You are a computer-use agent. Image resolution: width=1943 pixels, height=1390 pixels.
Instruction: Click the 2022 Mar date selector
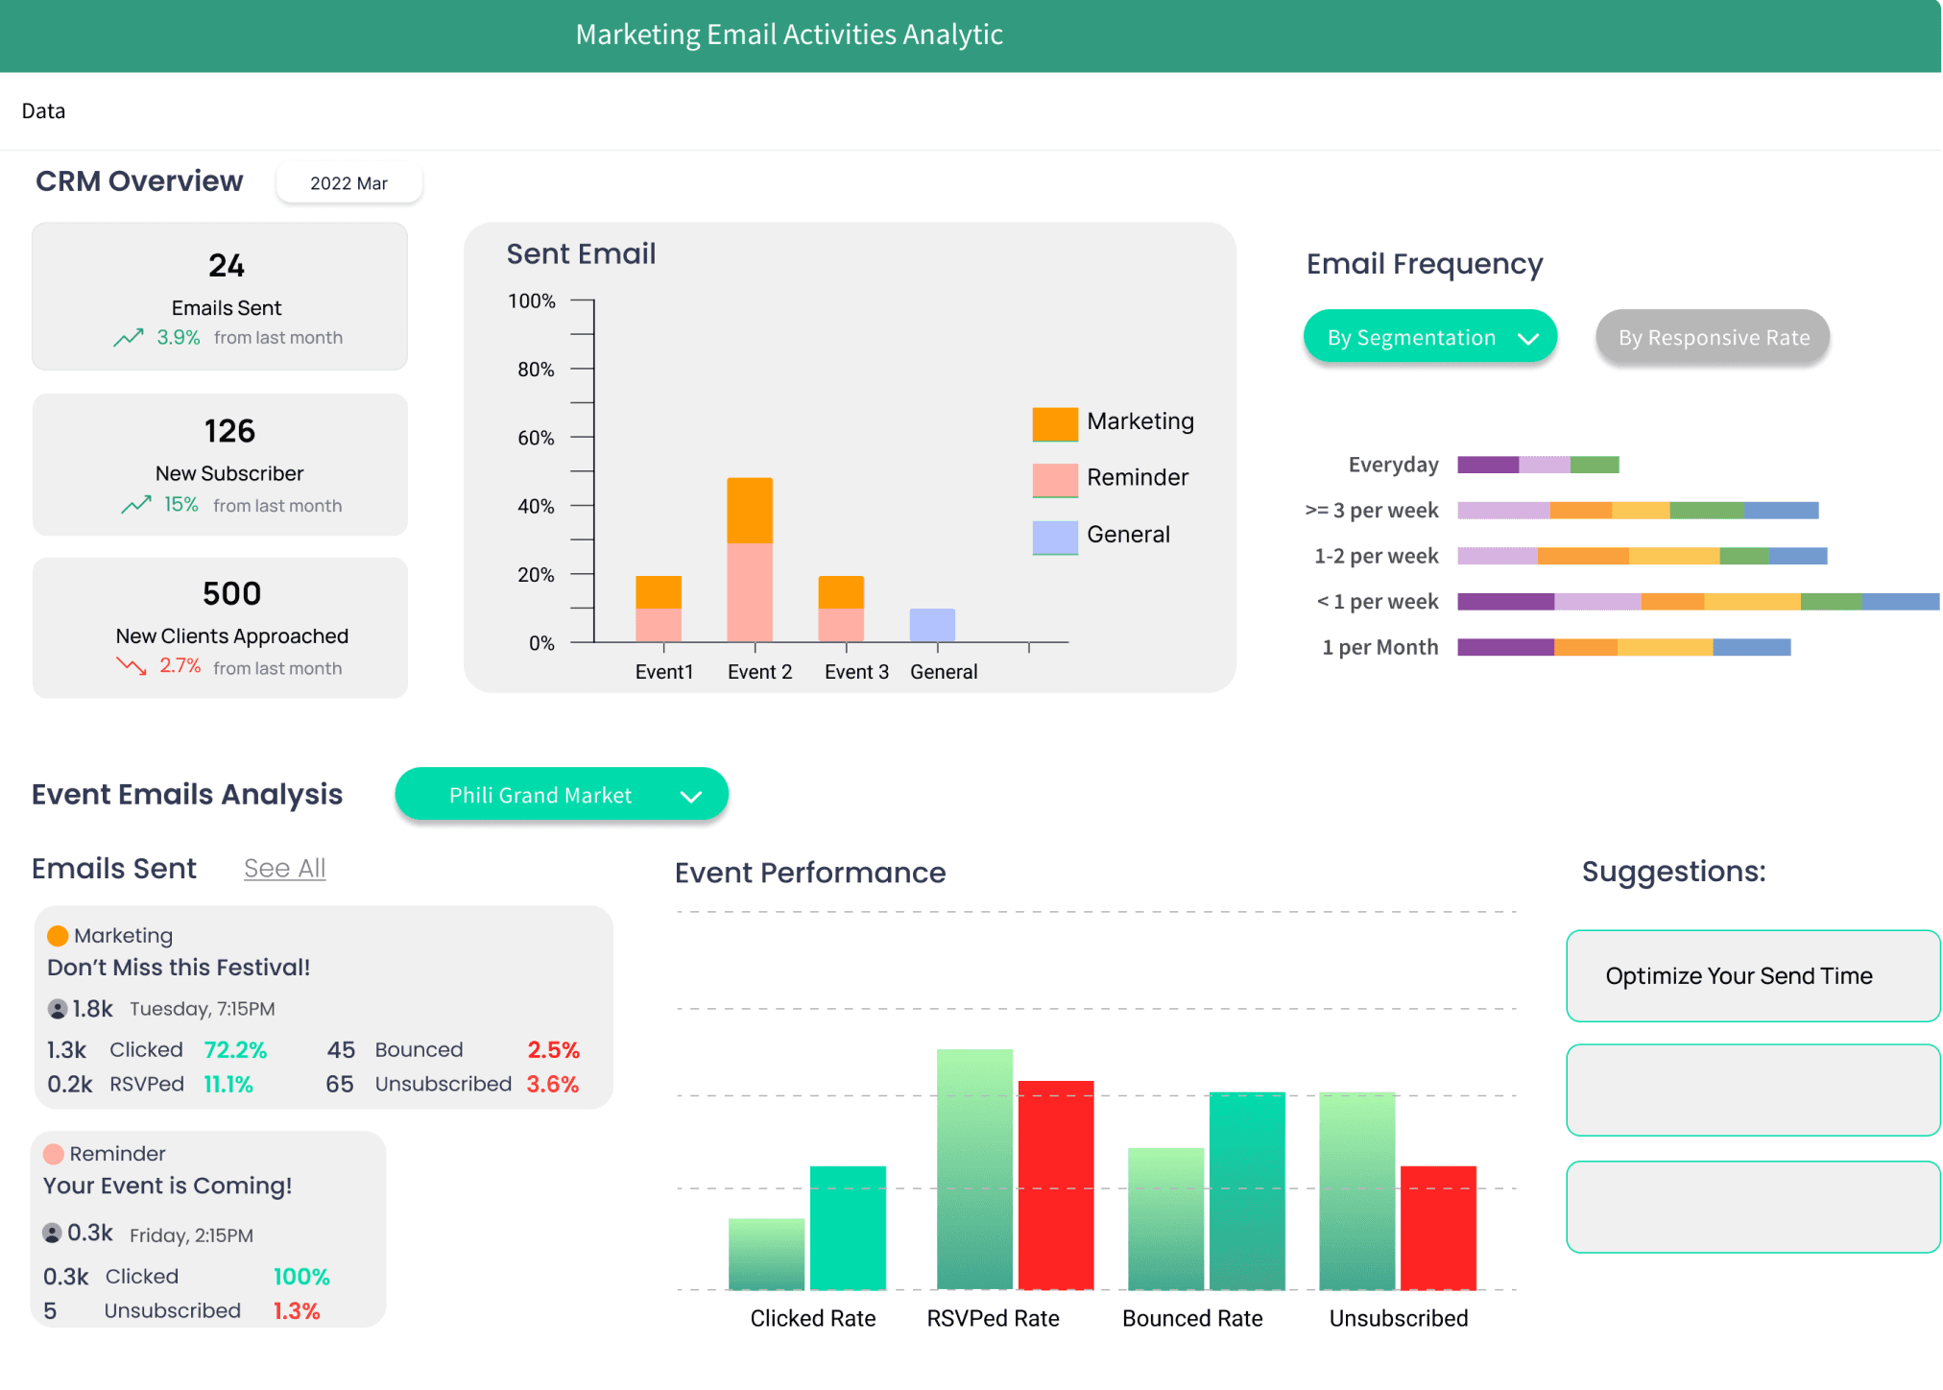coord(348,183)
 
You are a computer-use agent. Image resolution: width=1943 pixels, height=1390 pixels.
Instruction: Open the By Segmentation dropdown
coord(1429,338)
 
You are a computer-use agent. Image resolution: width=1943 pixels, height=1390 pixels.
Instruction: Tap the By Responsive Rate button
coord(1713,338)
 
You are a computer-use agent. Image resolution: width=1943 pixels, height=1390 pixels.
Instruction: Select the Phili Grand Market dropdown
coord(562,795)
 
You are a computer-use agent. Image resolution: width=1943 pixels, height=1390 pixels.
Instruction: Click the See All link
coord(284,868)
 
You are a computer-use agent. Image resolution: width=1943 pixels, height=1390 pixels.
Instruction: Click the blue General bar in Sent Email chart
coord(932,625)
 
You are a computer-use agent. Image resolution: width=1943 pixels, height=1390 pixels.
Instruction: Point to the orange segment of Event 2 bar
coord(750,510)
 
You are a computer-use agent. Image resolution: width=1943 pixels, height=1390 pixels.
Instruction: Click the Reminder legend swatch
coord(1055,479)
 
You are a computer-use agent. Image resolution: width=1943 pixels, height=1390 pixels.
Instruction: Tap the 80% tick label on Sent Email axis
coord(536,370)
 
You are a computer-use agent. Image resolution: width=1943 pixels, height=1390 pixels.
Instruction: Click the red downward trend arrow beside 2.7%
coord(132,665)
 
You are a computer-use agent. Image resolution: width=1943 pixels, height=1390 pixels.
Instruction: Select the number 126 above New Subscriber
coord(229,431)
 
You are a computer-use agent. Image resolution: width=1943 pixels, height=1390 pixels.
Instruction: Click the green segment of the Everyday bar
coord(1595,466)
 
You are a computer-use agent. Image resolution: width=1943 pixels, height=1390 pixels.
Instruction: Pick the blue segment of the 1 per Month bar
coord(1751,647)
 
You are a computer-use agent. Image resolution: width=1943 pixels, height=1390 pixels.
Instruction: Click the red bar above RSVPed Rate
coord(1055,1184)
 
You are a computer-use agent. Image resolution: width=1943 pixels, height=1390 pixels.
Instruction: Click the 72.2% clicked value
coord(235,1050)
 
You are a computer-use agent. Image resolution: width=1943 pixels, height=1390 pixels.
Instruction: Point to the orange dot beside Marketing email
coord(58,936)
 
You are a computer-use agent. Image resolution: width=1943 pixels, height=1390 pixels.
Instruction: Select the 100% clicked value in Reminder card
coord(301,1277)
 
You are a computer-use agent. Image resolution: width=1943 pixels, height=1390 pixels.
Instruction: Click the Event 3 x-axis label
coord(856,672)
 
